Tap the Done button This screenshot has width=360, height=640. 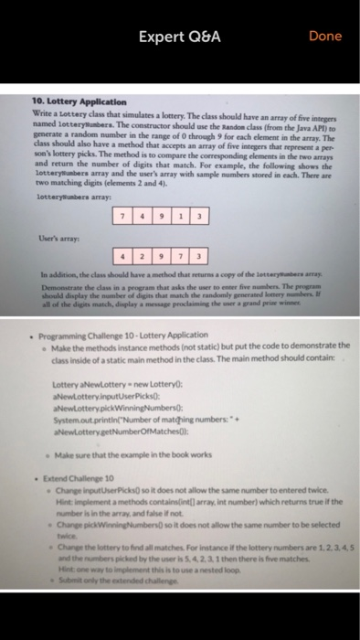pos(324,36)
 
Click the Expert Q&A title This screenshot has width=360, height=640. pos(181,36)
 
